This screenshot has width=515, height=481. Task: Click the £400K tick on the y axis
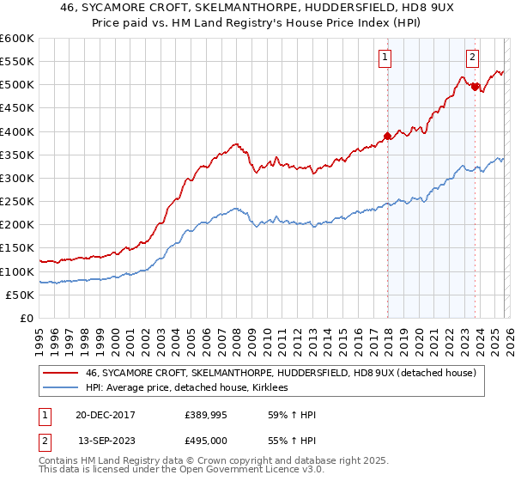tap(16, 131)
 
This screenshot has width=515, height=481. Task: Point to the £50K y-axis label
tap(19, 295)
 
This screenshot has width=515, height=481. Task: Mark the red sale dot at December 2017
tap(387, 136)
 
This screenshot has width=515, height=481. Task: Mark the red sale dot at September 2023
tap(475, 87)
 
